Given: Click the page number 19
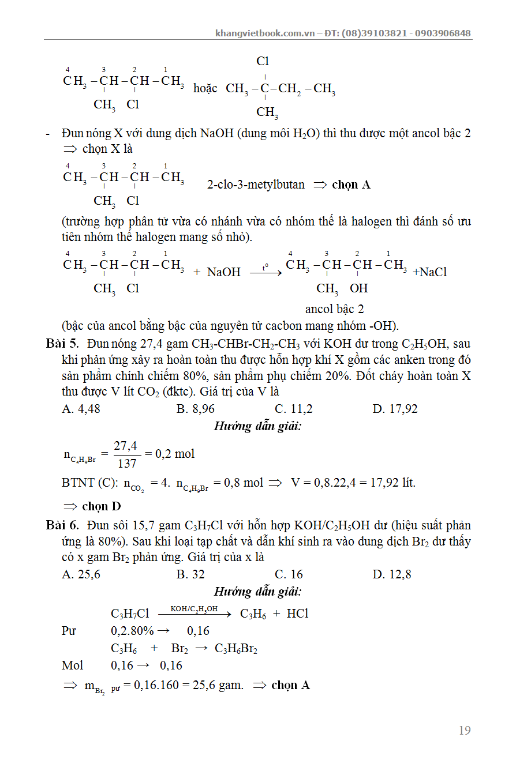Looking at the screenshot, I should click(464, 731).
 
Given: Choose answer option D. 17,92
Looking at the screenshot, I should click(395, 409).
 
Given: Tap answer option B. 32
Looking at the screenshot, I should click(190, 574).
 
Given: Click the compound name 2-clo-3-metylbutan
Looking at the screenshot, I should click(256, 185).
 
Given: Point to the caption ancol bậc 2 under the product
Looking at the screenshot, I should click(335, 309).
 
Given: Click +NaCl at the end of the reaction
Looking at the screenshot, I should click(430, 272).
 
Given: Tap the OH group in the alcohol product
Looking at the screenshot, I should click(358, 288).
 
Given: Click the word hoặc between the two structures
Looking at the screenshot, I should click(205, 88).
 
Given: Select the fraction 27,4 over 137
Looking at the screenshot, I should click(125, 454).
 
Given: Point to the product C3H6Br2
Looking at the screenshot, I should click(235, 649).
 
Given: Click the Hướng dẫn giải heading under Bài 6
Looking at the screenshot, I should click(258, 592).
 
